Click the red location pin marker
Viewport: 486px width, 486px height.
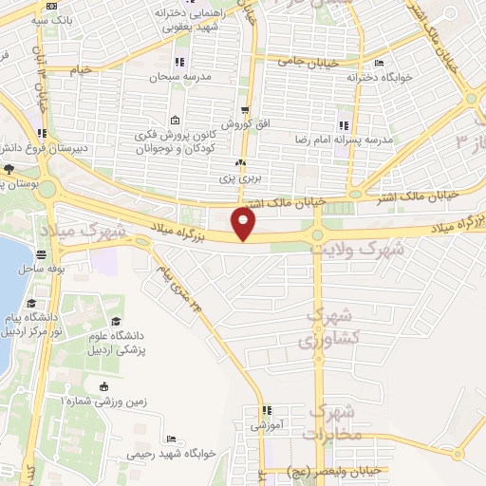pyautogui.click(x=245, y=225)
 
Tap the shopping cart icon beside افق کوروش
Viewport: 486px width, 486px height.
pyautogui.click(x=245, y=110)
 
